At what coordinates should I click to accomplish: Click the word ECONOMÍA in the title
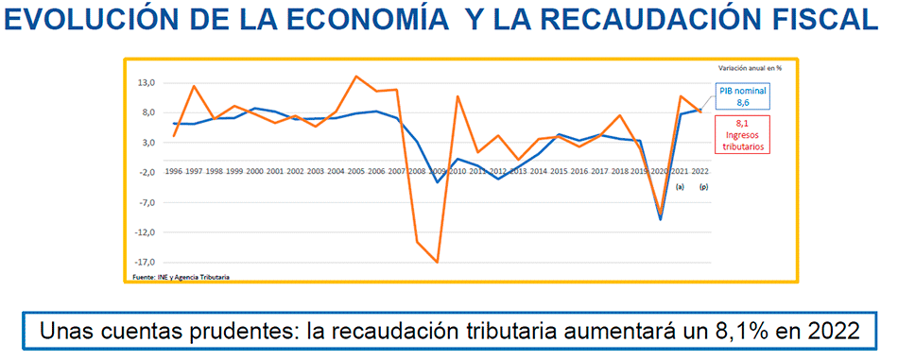pyautogui.click(x=366, y=22)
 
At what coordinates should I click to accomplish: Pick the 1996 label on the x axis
pyautogui.click(x=174, y=172)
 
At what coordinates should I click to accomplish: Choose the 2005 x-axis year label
pyautogui.click(x=355, y=172)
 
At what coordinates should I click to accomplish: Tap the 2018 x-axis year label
pyautogui.click(x=620, y=172)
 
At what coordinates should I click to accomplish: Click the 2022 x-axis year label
pyautogui.click(x=700, y=172)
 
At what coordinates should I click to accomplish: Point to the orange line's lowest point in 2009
pyautogui.click(x=437, y=263)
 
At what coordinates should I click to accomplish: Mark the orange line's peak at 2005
pyautogui.click(x=355, y=77)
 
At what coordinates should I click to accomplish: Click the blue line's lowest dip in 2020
pyautogui.click(x=660, y=219)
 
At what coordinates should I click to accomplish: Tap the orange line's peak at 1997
pyautogui.click(x=194, y=86)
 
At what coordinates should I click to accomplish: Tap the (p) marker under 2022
pyautogui.click(x=701, y=187)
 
